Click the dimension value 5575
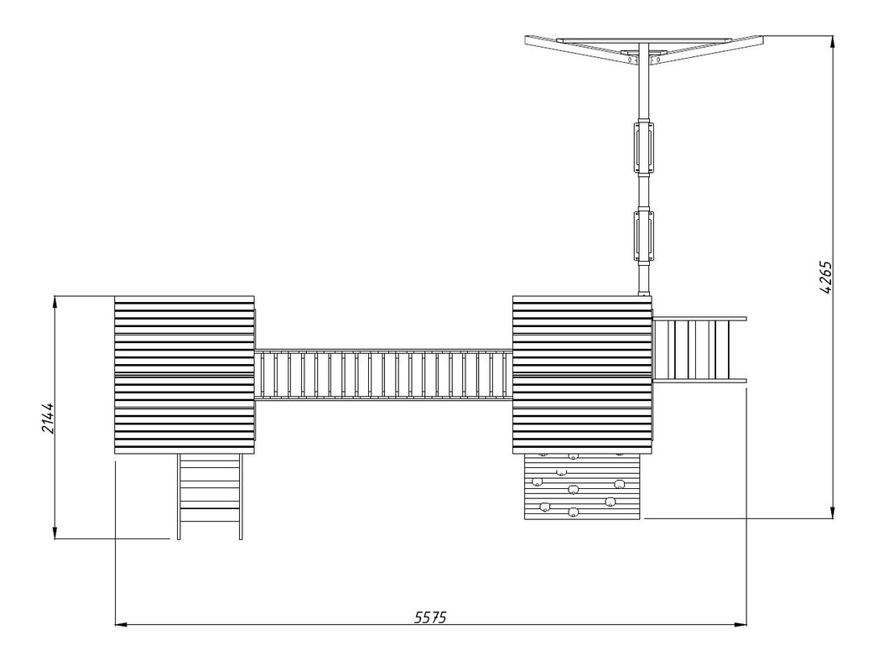[x=430, y=617]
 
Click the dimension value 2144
[x=48, y=418]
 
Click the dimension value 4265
[x=826, y=277]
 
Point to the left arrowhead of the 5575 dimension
[x=121, y=625]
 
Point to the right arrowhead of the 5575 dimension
[x=740, y=625]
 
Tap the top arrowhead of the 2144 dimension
[x=55, y=302]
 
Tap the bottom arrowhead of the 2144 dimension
[x=55, y=533]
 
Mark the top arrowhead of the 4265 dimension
[x=833, y=42]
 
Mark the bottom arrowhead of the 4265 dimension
[x=833, y=512]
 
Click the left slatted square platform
[x=184, y=375]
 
